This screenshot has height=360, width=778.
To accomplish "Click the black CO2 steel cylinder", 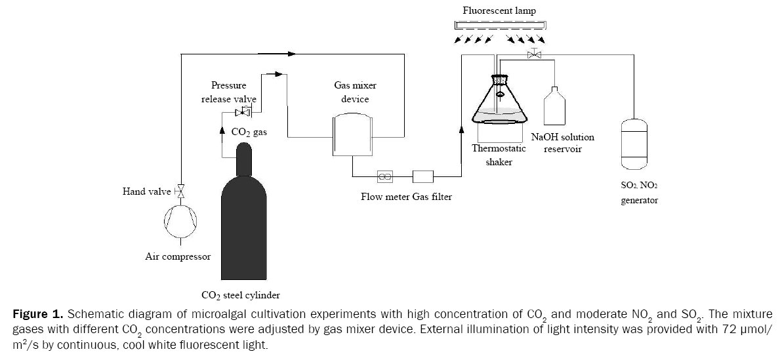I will [x=243, y=223].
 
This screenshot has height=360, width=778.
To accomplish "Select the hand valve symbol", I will [x=180, y=191].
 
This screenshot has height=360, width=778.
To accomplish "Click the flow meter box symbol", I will [x=384, y=176].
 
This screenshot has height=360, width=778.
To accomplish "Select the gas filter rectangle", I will [x=423, y=176].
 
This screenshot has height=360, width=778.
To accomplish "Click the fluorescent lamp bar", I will [x=500, y=26].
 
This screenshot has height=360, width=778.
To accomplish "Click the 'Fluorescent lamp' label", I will [x=499, y=10].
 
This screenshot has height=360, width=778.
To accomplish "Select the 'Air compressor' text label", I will [x=178, y=256].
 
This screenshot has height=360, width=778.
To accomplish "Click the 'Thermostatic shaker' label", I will [x=499, y=155].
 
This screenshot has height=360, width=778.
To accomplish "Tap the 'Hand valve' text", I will [x=146, y=191].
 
